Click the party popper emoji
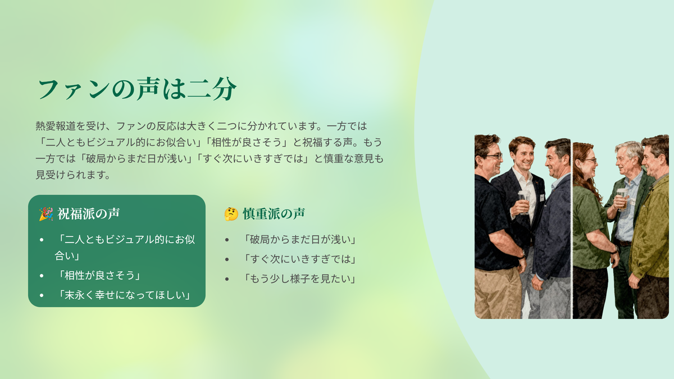(x=46, y=214)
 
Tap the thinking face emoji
(x=231, y=214)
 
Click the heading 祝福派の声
(x=89, y=214)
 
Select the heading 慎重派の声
(x=274, y=214)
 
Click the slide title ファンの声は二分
(x=138, y=89)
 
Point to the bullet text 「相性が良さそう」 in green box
(x=99, y=275)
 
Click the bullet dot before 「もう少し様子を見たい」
(x=227, y=279)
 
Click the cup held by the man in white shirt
(x=524, y=202)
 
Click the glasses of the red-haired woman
(x=590, y=161)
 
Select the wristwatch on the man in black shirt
(x=522, y=254)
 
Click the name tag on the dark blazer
(x=542, y=198)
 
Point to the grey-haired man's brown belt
(x=622, y=243)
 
